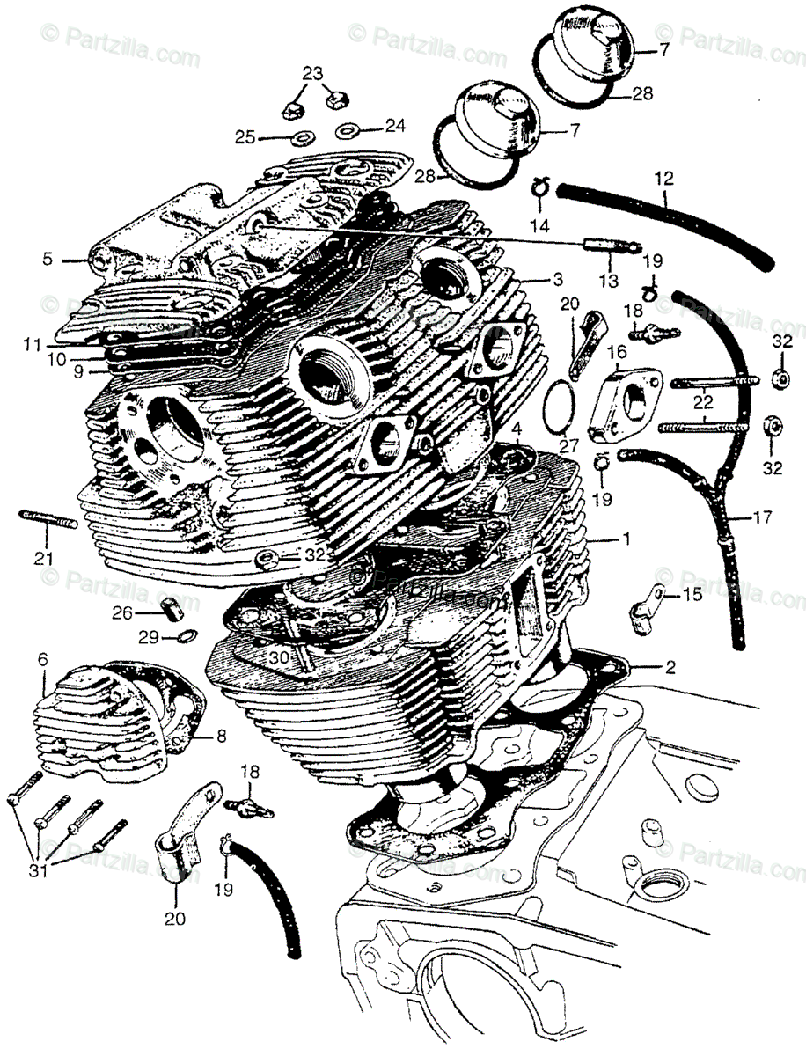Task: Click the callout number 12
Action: [x=663, y=178]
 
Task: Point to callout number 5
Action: [x=47, y=260]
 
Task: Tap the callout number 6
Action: [x=40, y=658]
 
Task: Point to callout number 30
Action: [x=278, y=657]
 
